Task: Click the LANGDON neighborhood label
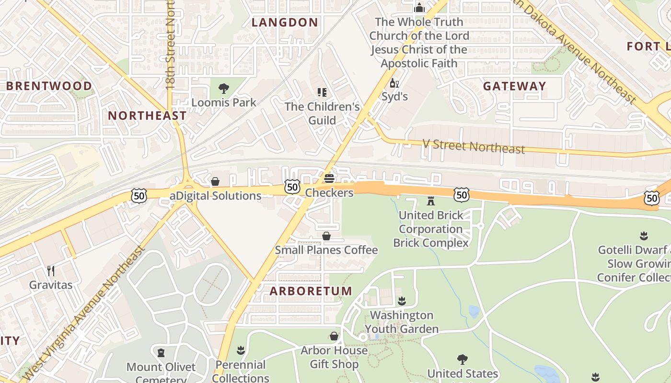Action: coord(285,23)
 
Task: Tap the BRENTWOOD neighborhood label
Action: coord(49,86)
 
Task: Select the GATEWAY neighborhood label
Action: coord(514,86)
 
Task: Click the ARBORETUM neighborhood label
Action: coord(311,291)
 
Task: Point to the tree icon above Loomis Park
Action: coord(223,88)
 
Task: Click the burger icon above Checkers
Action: coord(329,179)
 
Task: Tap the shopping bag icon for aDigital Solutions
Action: coord(215,181)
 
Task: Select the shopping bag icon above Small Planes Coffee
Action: coord(326,236)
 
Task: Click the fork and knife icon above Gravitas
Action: coord(51,271)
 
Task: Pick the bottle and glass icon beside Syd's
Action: coord(394,83)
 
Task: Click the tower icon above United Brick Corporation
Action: coord(431,201)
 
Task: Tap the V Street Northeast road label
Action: coord(473,146)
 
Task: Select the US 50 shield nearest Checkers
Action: coord(292,187)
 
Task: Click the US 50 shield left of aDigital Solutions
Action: coord(139,195)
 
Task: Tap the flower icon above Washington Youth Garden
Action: coord(402,301)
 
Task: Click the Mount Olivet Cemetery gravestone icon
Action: coord(161,353)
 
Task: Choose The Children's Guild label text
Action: coord(322,113)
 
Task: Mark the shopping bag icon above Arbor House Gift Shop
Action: coord(334,336)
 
